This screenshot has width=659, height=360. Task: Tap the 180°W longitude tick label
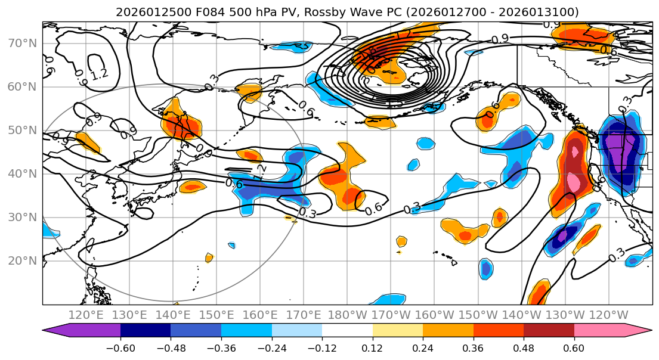pyautogui.click(x=346, y=315)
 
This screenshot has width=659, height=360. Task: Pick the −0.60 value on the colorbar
pyautogui.click(x=120, y=347)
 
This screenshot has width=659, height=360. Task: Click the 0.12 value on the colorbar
pyautogui.click(x=372, y=347)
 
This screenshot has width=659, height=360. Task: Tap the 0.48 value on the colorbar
pyautogui.click(x=524, y=347)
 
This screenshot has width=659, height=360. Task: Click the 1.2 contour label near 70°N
pyautogui.click(x=100, y=74)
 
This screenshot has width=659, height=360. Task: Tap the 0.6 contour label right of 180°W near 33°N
pyautogui.click(x=373, y=209)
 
